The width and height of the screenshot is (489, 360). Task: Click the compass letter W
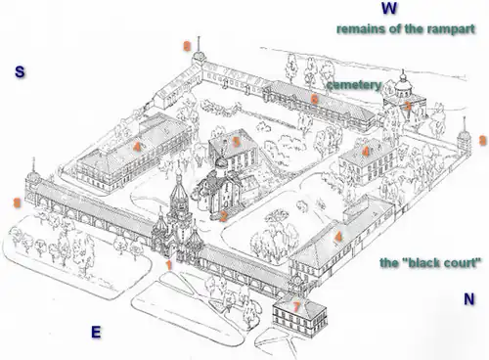[x=389, y=8]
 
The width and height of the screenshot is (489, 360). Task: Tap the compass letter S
[x=20, y=71]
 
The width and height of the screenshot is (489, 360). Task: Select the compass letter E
[x=96, y=333]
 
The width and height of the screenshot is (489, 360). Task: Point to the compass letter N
[x=469, y=299]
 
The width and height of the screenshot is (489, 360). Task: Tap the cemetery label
[x=354, y=85]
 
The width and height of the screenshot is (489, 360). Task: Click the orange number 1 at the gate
[x=169, y=265]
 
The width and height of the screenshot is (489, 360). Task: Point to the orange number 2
[x=223, y=216]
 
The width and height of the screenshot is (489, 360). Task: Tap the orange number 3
[x=408, y=105]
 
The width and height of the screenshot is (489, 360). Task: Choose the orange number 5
[x=236, y=142]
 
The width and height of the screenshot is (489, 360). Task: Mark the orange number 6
[x=314, y=99]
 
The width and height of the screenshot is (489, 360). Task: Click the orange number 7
[x=296, y=306]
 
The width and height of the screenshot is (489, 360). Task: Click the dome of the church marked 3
[x=403, y=84]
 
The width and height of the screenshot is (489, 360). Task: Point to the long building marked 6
[x=320, y=105]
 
